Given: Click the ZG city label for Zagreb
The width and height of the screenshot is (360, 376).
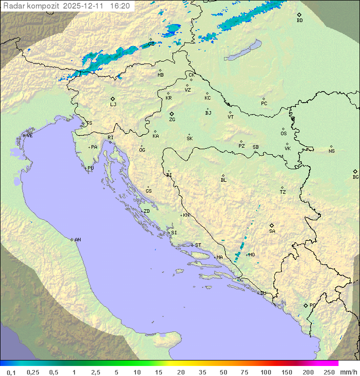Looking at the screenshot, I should (x=172, y=120).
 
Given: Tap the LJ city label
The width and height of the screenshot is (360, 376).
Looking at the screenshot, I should (x=113, y=104).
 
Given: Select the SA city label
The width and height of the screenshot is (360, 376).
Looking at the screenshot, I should (x=272, y=231).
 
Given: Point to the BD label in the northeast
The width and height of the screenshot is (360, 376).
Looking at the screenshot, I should (x=299, y=21).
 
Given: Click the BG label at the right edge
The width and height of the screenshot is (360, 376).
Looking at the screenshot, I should (x=355, y=177).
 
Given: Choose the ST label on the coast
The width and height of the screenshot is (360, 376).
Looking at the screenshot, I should (x=198, y=245).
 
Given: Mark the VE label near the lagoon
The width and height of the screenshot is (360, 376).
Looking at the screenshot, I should (x=29, y=136).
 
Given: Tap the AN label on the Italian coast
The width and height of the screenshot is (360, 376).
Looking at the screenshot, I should (x=77, y=240).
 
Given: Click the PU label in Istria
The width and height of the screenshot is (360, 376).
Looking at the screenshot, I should (x=90, y=168).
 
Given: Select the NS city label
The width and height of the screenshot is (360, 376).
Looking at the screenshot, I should (x=331, y=151).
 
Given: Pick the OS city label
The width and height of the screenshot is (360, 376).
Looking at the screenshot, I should (x=283, y=134).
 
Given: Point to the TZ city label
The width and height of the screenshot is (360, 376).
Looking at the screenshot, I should (x=283, y=192).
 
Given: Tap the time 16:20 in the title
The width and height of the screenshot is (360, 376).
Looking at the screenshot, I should (x=119, y=6).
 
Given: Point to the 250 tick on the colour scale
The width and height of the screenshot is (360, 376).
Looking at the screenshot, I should (x=329, y=372).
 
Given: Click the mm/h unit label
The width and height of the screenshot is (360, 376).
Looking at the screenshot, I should (x=348, y=372).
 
